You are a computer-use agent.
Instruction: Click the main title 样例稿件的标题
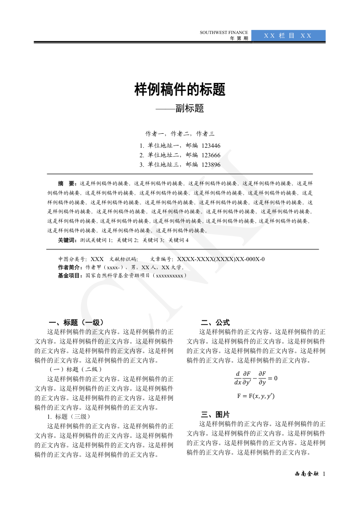point(180,90)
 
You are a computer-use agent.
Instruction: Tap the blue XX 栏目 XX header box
point(288,36)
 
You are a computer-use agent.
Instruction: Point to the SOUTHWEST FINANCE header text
point(224,33)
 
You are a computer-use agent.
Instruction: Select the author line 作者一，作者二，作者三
point(180,134)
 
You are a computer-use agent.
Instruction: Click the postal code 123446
point(211,145)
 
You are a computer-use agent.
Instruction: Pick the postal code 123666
point(211,155)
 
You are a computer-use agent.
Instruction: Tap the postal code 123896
point(211,165)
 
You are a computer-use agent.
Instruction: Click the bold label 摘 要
point(68,184)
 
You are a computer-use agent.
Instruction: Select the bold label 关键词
point(67,240)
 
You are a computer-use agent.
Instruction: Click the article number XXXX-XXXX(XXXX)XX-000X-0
point(221,259)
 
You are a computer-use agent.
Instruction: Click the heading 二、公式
point(215,323)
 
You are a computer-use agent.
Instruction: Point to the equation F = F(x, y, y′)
point(256,396)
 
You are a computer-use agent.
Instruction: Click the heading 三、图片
point(215,414)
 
